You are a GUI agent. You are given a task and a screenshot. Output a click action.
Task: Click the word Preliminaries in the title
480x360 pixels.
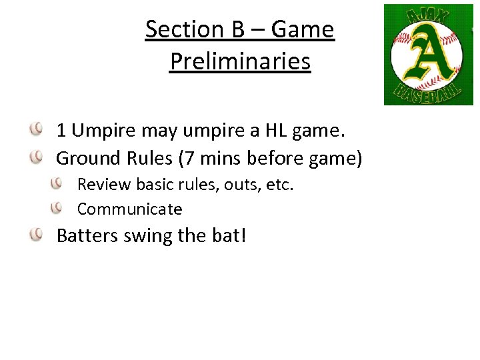240,61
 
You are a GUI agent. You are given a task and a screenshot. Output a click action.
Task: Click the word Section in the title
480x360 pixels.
181,29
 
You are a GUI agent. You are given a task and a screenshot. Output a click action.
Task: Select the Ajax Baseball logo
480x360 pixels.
428,55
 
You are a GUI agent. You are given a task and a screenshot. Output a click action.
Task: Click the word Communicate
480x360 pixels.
129,209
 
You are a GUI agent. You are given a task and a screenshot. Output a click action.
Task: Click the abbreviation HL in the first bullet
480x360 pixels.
265,130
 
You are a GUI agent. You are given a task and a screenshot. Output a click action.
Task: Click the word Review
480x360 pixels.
100,184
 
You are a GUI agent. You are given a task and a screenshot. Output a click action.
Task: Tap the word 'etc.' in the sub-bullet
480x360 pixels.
280,184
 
